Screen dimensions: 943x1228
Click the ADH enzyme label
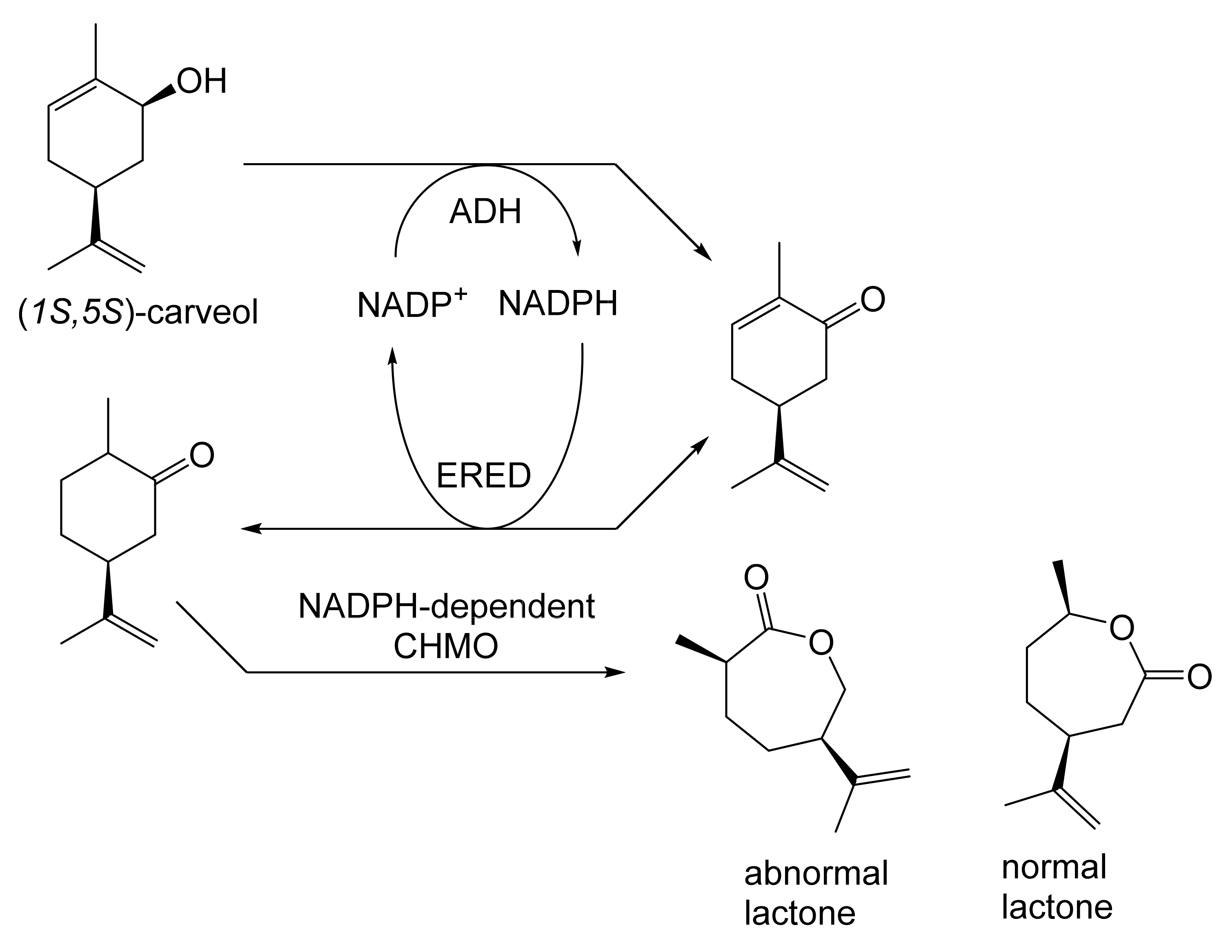485,212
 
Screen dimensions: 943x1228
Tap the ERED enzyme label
483,476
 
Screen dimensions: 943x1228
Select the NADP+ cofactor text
412,304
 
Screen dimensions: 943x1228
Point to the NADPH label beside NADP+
558,304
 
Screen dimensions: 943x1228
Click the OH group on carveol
202,82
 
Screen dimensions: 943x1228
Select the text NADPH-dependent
446,606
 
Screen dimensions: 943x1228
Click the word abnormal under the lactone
816,874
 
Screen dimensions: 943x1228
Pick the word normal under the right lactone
1054,867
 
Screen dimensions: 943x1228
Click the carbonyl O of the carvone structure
872,300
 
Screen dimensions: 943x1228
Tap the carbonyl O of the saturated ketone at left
202,455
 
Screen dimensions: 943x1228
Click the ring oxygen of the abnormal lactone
821,643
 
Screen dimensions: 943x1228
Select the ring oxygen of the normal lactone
1122,628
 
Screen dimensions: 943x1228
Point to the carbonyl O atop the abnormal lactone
756,577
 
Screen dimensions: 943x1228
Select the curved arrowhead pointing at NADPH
577,249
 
